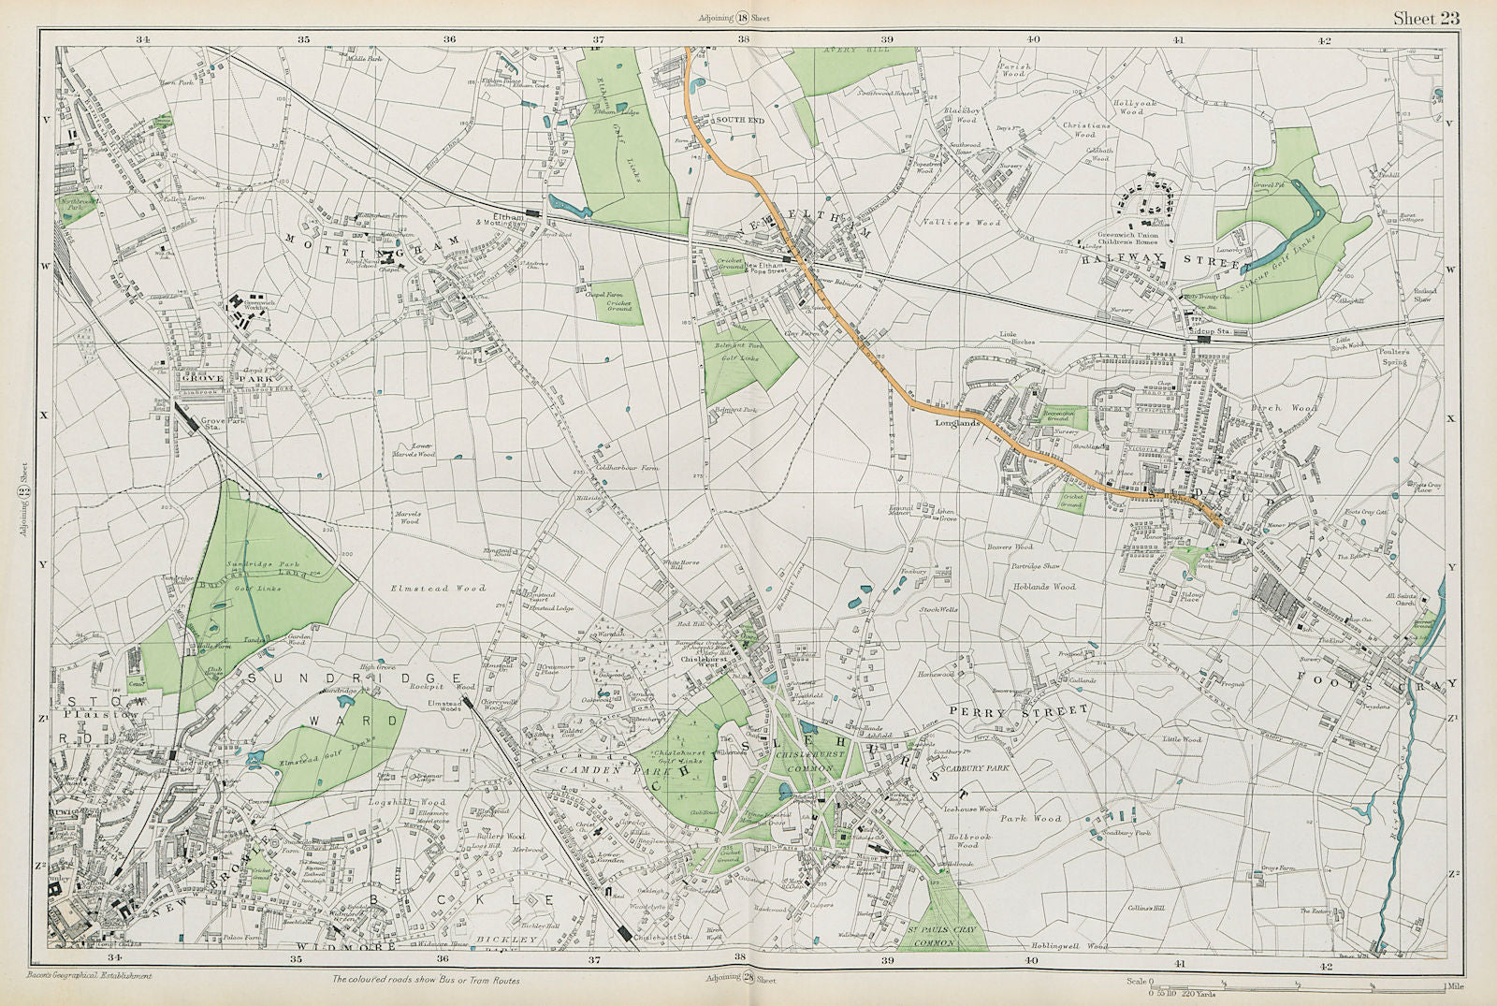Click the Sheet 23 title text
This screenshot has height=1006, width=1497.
[x=1425, y=18]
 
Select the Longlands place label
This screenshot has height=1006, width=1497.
[x=957, y=423]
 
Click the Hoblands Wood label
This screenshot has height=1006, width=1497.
[x=1044, y=587]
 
